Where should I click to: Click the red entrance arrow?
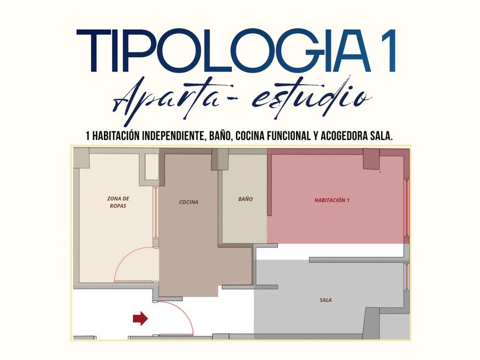[x=141, y=319]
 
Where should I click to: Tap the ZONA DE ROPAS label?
[x=118, y=202]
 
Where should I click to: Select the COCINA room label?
[x=189, y=202]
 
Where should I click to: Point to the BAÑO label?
[x=246, y=199]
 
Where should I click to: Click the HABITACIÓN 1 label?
[x=332, y=200]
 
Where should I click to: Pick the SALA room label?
[x=326, y=301]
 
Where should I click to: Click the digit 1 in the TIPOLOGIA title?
[x=389, y=51]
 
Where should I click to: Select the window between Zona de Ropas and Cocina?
[x=155, y=213]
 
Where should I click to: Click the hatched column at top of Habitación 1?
[x=371, y=159]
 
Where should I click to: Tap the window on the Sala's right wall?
[x=407, y=277]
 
